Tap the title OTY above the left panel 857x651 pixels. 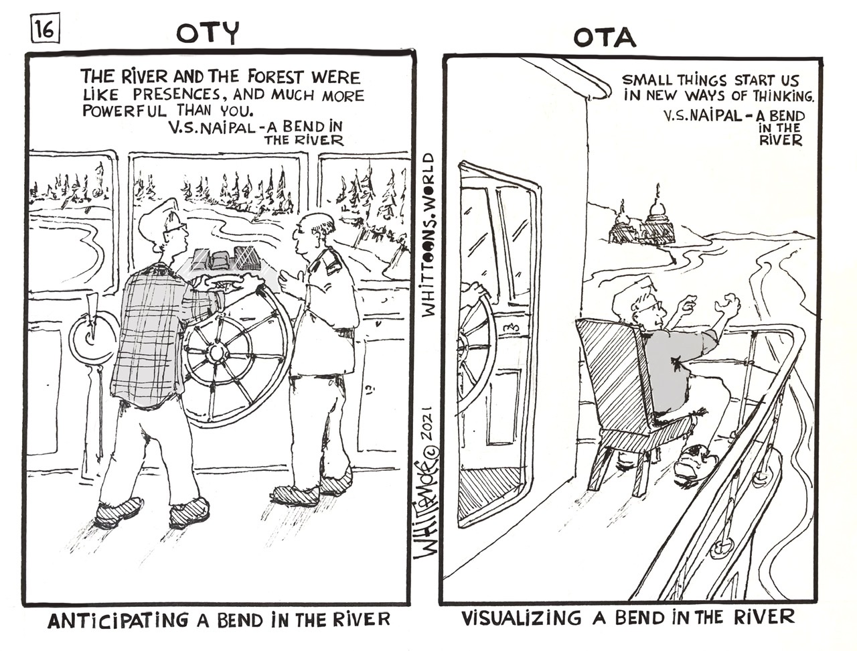tap(208, 33)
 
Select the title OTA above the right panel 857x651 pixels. tap(605, 38)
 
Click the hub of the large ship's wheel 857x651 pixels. tap(215, 353)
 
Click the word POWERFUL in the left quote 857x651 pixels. tap(125, 111)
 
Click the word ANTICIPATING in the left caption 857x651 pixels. tap(118, 620)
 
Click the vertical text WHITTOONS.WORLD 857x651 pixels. tap(428, 234)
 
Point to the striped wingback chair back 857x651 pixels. tap(614, 369)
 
